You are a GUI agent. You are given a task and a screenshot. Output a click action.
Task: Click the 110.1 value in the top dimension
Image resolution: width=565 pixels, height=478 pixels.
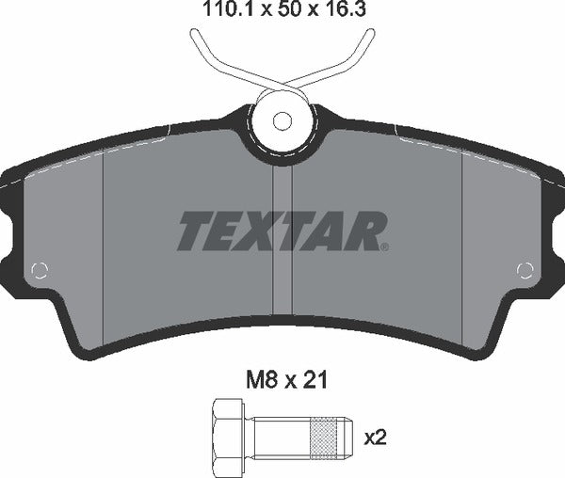click(221, 11)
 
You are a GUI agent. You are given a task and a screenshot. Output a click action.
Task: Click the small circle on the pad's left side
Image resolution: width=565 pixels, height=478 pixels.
click(39, 271)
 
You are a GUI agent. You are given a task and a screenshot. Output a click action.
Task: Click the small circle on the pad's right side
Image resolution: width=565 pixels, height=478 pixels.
click(525, 271)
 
